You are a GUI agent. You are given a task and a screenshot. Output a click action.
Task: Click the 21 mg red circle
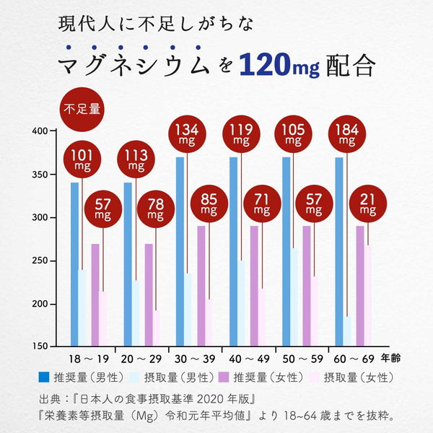pos(367,205)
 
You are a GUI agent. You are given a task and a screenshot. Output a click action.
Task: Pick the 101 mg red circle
pos(83,160)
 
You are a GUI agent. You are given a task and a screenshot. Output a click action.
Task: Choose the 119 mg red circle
pos(242,135)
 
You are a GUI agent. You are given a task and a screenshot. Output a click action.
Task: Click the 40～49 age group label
pos(249,359)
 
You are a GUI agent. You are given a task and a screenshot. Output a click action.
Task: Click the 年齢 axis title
pos(393,358)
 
